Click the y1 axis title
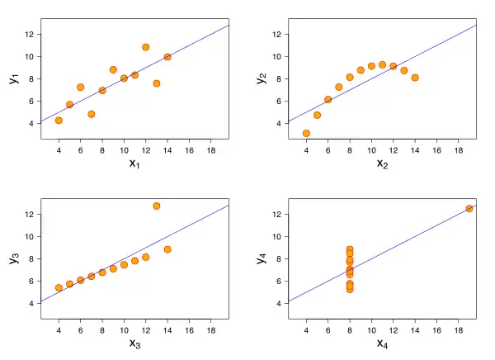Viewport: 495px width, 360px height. click(x=14, y=78)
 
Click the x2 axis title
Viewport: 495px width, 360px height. click(x=382, y=163)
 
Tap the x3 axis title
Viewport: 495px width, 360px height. click(x=134, y=343)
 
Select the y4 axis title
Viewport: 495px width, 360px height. click(x=262, y=258)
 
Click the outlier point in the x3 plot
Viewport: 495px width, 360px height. click(x=157, y=206)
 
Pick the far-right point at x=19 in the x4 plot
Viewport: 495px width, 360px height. click(x=469, y=208)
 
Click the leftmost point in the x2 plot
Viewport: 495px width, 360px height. click(x=306, y=133)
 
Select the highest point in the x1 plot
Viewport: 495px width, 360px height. click(x=146, y=47)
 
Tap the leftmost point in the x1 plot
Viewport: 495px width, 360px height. click(x=59, y=120)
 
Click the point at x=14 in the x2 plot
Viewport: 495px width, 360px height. click(x=415, y=78)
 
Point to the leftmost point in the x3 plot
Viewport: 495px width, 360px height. click(x=59, y=288)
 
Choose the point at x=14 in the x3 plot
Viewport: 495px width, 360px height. click(x=167, y=249)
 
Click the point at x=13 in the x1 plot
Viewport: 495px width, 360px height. click(x=157, y=83)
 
